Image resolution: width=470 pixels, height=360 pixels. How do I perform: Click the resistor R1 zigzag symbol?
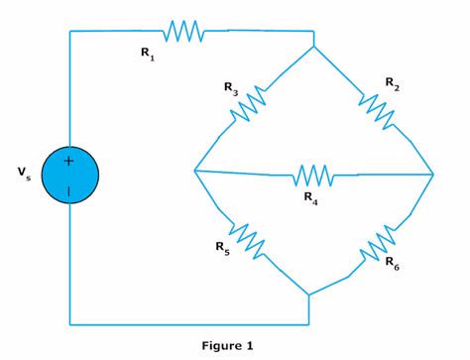point(183,32)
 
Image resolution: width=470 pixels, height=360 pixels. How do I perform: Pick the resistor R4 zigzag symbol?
point(314,175)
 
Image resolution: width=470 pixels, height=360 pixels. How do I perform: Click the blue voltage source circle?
point(69,175)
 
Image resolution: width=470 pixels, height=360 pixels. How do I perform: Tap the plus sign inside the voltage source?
point(69,161)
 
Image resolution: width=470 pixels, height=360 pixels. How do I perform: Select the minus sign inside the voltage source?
point(69,189)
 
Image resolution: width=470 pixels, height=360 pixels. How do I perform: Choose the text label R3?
point(230,88)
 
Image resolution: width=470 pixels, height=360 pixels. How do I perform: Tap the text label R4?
point(311,197)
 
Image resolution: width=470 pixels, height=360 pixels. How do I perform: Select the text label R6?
point(392,265)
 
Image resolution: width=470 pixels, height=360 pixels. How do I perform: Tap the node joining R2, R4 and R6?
point(434,175)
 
